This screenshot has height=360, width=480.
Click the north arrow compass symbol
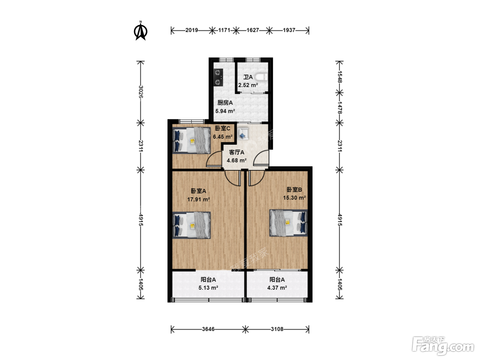coord(140,31)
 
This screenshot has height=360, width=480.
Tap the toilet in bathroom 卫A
coord(262,77)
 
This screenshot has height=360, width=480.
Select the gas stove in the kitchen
coord(218,77)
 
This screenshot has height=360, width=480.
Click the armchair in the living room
coord(243,134)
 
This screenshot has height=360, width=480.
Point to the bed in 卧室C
coord(192,141)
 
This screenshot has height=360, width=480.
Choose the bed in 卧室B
coord(288,223)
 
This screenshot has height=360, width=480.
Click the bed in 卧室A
coord(192,225)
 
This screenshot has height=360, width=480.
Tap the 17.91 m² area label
coord(198,199)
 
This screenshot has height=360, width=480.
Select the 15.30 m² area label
coord(294,197)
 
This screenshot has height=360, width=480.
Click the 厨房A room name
coord(225,103)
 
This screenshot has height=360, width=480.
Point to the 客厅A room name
coord(236,152)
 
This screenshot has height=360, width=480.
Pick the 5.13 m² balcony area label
coord(208,288)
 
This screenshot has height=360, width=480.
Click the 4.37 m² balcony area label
coord(277,288)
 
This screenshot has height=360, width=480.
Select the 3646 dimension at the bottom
coord(208,329)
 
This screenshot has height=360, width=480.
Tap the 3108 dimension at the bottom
coord(277,329)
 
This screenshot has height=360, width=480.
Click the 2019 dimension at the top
coord(192,30)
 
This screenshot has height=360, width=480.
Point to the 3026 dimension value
coord(141,92)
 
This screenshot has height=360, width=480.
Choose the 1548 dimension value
coord(340,77)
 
